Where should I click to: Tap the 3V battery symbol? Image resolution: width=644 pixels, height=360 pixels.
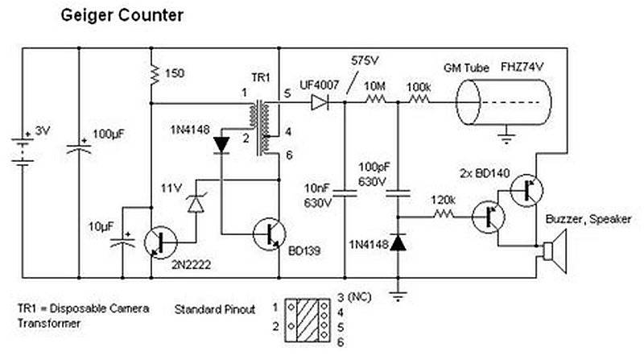(x=24, y=150)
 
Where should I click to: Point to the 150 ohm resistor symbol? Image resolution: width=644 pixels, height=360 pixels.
(x=152, y=75)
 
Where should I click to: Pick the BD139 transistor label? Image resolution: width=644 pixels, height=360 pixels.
(x=304, y=250)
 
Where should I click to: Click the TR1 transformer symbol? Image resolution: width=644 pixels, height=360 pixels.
(x=262, y=127)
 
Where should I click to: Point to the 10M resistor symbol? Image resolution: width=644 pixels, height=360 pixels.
(x=375, y=102)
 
